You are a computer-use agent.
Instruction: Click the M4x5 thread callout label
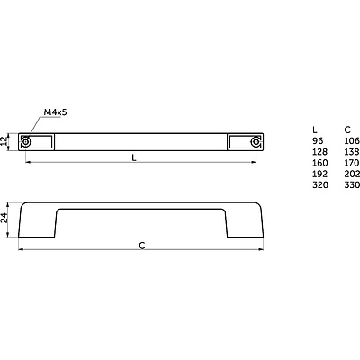tap(56, 112)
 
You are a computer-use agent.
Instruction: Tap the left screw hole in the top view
tap(26, 142)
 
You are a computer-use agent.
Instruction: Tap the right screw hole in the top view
tap(256, 142)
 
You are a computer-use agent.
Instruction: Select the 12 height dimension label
tap(4, 141)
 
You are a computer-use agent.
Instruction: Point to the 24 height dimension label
tap(4, 218)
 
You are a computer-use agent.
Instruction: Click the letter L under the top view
tap(134, 157)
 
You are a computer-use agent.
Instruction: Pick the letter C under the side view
tap(142, 246)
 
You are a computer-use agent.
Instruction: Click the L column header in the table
tap(315, 130)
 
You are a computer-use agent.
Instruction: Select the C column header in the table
tap(347, 130)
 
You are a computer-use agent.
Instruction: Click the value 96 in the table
tap(318, 141)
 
